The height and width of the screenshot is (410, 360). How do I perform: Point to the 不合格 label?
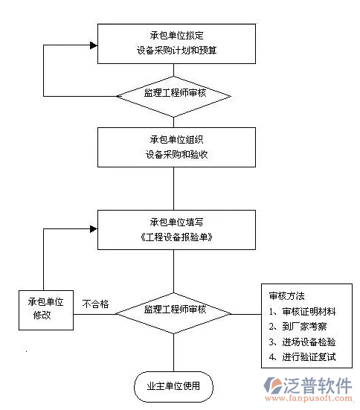[x=96, y=304]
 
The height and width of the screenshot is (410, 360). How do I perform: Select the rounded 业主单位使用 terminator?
[x=173, y=386]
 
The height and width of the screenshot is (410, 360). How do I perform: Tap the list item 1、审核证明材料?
[x=302, y=311]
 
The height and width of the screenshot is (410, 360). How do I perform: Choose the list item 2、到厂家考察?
[x=298, y=326]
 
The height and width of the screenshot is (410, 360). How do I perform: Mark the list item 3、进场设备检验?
[x=302, y=342]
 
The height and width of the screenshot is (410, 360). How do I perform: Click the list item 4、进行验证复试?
[x=302, y=357]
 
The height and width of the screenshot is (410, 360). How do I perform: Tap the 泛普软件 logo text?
[x=319, y=385]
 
